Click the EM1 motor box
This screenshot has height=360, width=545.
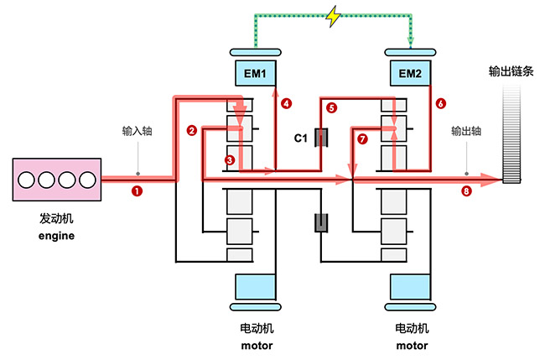[x=255, y=74]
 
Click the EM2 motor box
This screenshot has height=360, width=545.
[x=410, y=74]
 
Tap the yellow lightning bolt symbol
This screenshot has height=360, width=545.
[x=334, y=16]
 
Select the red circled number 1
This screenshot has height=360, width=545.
[x=137, y=190]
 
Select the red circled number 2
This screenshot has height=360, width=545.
[x=192, y=130]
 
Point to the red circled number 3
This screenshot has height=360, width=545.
[x=230, y=159]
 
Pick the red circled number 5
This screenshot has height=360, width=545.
[x=331, y=108]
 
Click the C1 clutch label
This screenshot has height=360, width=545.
[x=301, y=137]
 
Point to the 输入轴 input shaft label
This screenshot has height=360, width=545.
[x=137, y=131]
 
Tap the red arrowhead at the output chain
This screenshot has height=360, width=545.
[x=496, y=177]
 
